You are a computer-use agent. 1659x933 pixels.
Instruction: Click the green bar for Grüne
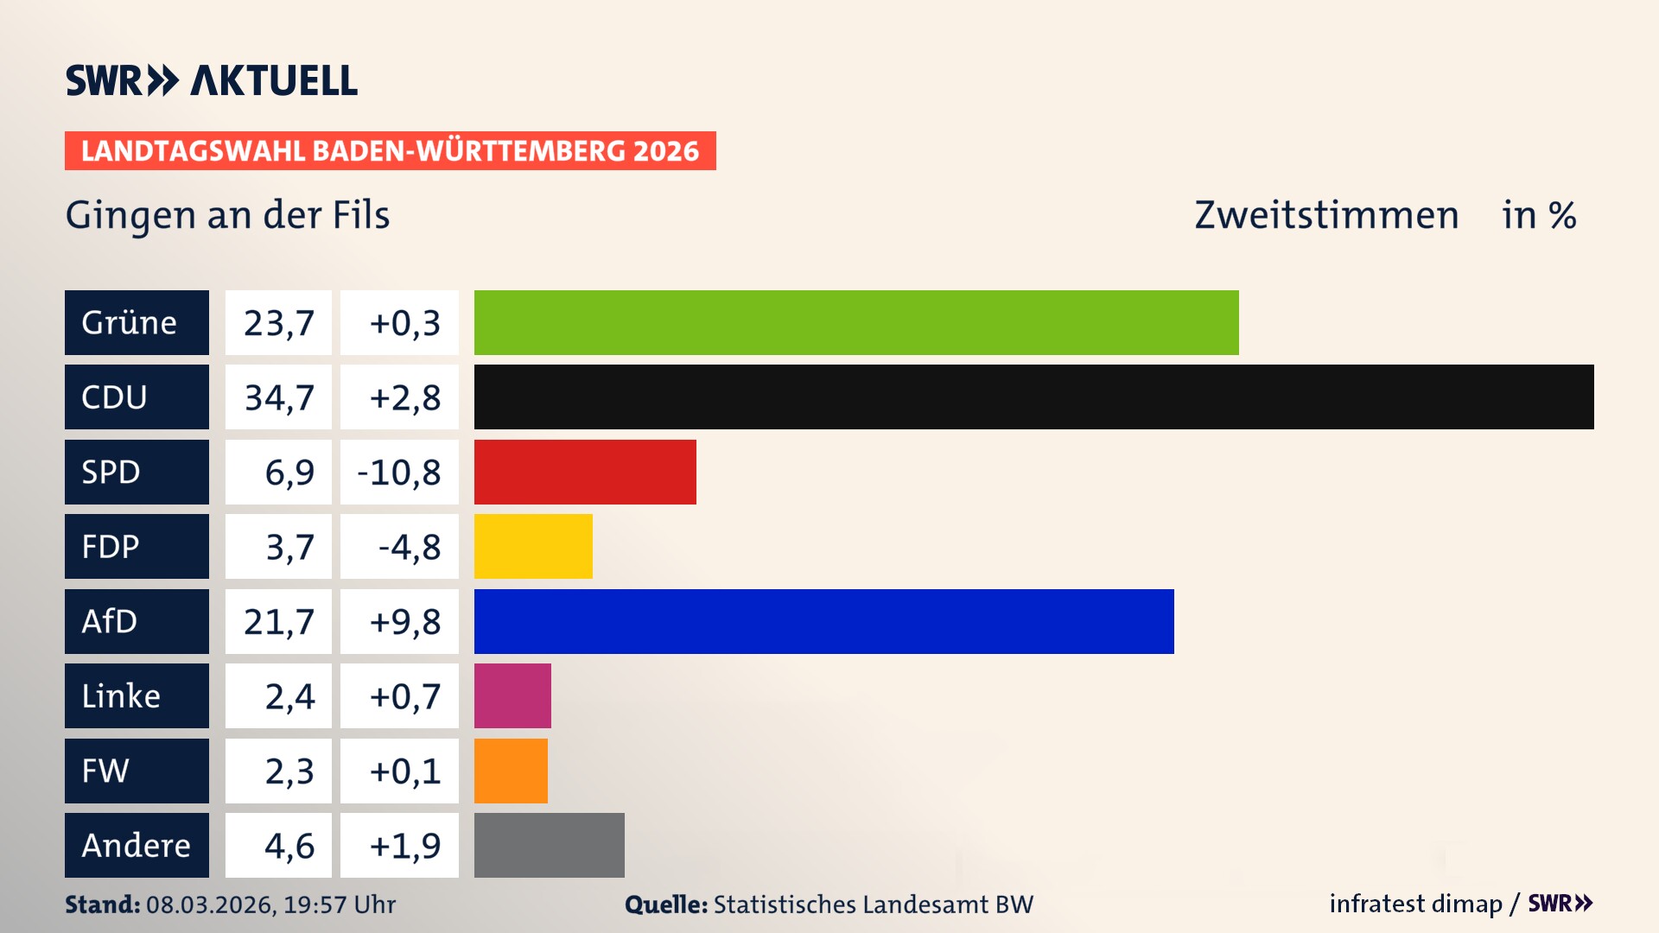coord(855,322)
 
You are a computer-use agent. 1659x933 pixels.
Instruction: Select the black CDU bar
coord(1033,397)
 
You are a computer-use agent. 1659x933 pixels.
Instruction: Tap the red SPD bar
coord(585,472)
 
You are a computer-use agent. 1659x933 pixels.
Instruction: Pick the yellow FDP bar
coord(533,546)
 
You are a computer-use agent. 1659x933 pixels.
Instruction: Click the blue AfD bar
coord(823,621)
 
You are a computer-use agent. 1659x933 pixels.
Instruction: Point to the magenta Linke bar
coord(512,695)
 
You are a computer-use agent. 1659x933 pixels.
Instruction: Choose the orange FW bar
coord(511,771)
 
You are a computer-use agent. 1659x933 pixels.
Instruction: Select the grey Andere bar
coord(549,845)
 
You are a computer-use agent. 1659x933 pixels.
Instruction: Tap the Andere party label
coord(137,845)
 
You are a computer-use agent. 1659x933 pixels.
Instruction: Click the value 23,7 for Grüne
coord(278,322)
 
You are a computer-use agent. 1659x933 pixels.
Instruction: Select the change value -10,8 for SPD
coord(399,472)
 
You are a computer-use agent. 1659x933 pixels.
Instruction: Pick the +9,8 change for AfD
coord(404,621)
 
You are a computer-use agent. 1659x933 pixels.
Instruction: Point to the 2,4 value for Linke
coord(289,695)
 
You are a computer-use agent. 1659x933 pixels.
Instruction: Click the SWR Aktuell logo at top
coord(211,80)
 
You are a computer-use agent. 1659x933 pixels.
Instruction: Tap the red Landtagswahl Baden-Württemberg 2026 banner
coord(390,150)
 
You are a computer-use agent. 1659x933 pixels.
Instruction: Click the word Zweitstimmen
coord(1325,214)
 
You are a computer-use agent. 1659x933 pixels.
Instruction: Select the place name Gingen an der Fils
coord(227,214)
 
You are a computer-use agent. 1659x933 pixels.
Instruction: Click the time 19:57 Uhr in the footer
coord(339,904)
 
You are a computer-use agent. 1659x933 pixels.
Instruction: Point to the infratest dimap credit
coord(1414,904)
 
